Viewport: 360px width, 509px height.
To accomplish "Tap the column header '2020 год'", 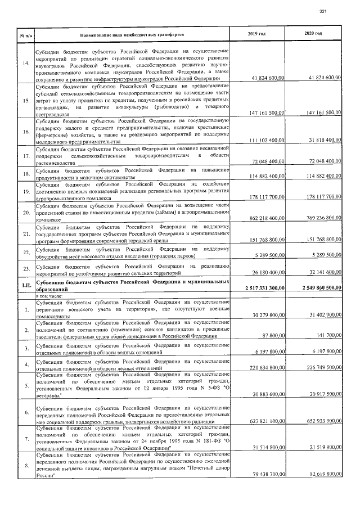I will point(313,34).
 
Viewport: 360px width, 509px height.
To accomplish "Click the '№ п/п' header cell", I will point(25,35).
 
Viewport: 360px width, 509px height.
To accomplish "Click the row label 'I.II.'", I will point(25,283).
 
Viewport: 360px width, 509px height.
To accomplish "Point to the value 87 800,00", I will point(272,336).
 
